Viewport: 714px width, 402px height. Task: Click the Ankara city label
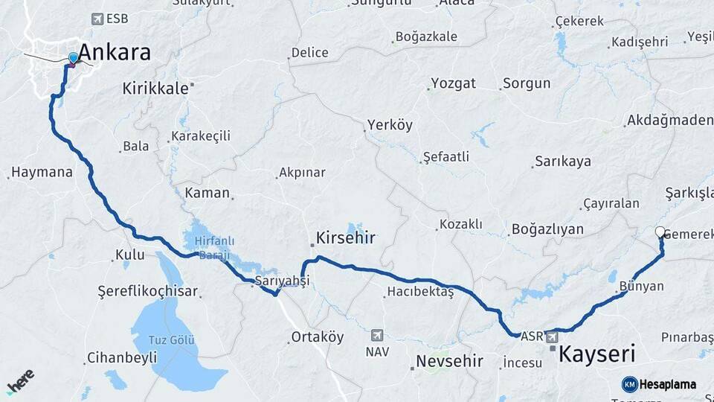tap(114, 52)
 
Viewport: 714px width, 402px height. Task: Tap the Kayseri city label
tap(596, 353)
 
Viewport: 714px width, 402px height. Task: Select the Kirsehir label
tap(346, 238)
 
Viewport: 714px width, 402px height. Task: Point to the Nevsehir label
tap(449, 361)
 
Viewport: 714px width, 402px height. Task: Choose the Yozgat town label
tap(454, 83)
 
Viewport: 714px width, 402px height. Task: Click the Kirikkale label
tap(155, 89)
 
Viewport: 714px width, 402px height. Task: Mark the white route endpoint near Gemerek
tap(660, 232)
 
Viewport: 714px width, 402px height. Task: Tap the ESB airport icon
tap(97, 19)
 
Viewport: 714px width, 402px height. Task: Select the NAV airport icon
tap(378, 335)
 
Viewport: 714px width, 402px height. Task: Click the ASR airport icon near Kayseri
tap(553, 337)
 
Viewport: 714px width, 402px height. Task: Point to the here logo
tap(20, 381)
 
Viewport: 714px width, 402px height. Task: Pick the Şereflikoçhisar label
tap(148, 291)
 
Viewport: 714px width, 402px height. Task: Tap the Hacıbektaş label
tap(419, 292)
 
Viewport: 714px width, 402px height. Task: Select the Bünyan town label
tap(640, 286)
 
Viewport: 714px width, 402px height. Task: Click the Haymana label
tap(42, 173)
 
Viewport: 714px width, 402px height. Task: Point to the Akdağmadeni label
tap(669, 120)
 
